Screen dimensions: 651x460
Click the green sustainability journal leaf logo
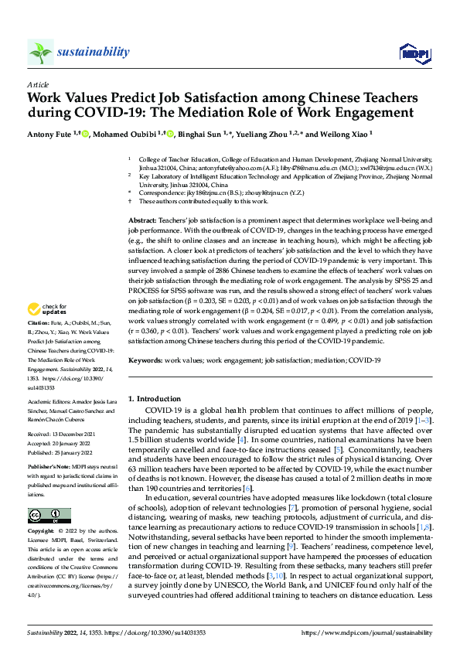coord(40,52)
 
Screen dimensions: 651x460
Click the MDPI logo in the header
coord(412,53)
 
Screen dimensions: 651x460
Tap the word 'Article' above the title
coord(37,84)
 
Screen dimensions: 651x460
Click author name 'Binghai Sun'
coord(220,134)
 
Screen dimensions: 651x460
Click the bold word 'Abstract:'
coord(144,221)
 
